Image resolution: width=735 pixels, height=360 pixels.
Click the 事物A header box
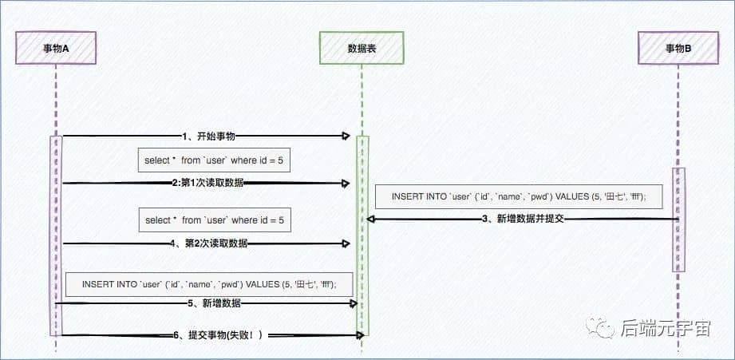click(x=56, y=48)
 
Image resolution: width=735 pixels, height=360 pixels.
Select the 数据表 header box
click(x=362, y=48)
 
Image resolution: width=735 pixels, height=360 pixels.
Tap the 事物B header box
click(x=678, y=48)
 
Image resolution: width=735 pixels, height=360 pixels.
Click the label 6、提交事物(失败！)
click(x=218, y=335)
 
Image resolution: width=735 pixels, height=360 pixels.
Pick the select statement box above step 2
click(x=214, y=160)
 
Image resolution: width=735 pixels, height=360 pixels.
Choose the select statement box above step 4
click(x=214, y=220)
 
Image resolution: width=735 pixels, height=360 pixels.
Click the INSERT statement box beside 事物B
click(x=519, y=196)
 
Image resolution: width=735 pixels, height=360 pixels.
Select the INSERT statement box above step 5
click(x=209, y=283)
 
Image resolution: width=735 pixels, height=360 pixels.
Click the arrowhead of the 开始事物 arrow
click(x=347, y=136)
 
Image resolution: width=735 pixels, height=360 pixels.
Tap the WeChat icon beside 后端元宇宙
click(x=599, y=327)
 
